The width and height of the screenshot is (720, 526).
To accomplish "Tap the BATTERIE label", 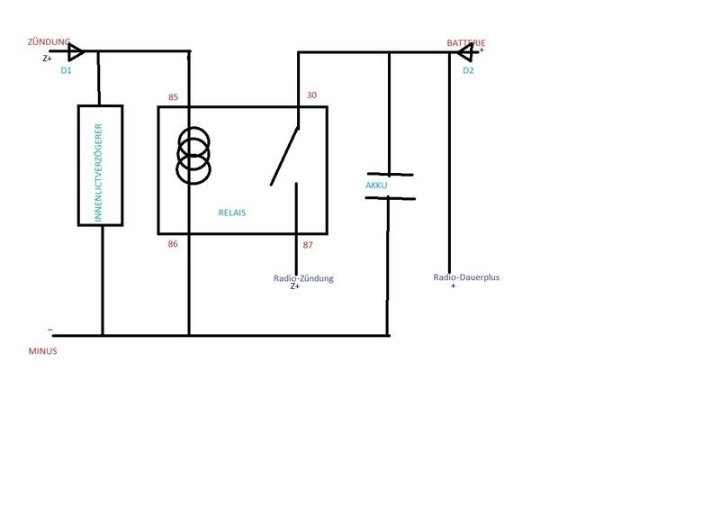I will (468, 42).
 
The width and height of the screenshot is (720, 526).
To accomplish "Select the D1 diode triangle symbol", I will (76, 51).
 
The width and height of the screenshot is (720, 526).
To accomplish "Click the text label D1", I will (67, 70).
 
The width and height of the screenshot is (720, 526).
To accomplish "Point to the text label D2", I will (468, 70).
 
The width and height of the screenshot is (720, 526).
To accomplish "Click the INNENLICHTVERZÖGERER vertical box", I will (100, 165).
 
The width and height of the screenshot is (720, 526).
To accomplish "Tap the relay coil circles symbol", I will (193, 155).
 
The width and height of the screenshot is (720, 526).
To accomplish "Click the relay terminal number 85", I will (174, 97).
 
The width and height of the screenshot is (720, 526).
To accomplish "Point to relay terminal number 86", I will (174, 243).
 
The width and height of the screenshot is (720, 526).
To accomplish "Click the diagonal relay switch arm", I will (285, 155).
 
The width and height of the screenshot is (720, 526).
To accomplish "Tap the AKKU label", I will (376, 186).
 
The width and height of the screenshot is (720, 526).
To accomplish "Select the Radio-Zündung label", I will (303, 278).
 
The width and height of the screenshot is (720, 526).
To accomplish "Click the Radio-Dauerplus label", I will (466, 277).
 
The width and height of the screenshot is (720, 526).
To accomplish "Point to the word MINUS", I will (42, 351).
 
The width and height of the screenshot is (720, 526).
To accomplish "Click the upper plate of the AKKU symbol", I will (390, 174).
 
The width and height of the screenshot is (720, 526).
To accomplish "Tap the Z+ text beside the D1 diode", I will (48, 59).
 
